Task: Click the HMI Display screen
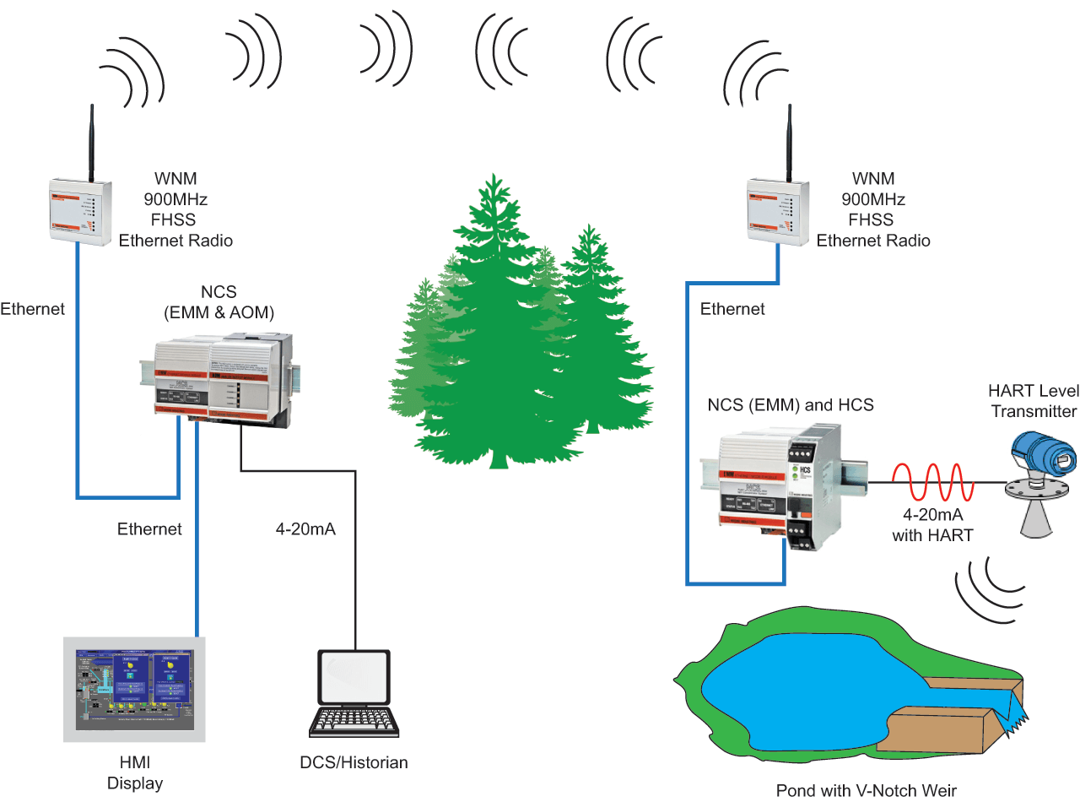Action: point(134,690)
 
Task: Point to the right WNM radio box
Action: point(777,212)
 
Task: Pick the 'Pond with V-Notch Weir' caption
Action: point(867,790)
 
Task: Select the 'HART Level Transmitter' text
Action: point(1033,401)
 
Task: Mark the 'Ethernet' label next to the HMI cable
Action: point(149,529)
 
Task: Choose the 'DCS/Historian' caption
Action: point(354,762)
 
